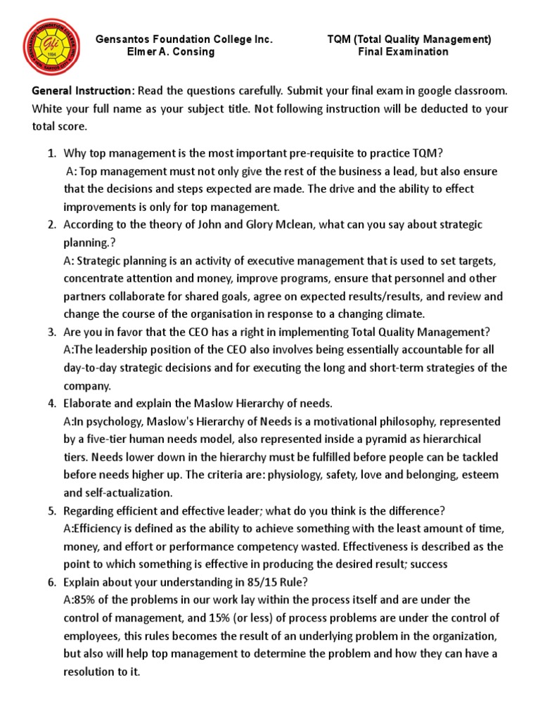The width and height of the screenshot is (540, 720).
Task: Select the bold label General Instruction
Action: tap(82, 91)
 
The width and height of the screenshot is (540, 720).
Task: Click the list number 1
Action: tap(51, 153)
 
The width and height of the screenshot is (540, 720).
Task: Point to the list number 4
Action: tap(51, 403)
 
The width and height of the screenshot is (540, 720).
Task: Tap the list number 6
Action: tap(51, 581)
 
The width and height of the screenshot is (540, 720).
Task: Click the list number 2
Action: tap(51, 224)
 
